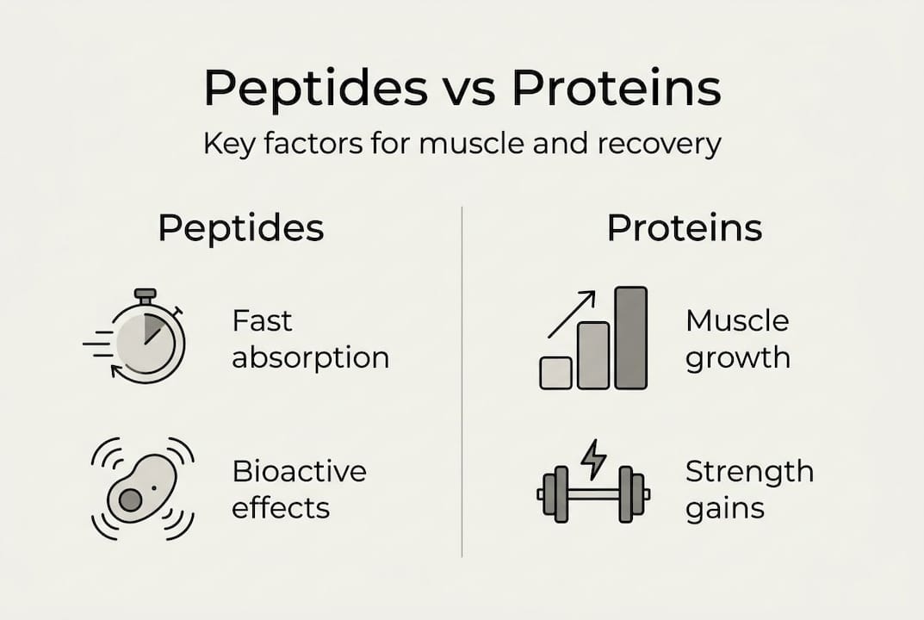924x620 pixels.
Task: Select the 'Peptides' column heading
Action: tap(241, 228)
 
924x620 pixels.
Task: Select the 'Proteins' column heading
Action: tap(685, 228)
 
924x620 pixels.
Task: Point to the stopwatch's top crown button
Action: tap(145, 294)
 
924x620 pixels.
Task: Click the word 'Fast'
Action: tap(262, 321)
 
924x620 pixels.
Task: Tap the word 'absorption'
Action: tap(311, 357)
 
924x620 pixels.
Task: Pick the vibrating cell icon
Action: tap(143, 489)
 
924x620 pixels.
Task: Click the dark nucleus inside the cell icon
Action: tap(130, 500)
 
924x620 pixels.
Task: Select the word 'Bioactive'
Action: tap(300, 472)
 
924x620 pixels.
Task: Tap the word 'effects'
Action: tap(281, 508)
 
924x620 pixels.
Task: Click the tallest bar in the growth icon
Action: tap(631, 338)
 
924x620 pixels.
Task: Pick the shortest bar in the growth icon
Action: tap(555, 373)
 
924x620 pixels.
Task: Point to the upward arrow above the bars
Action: tap(572, 314)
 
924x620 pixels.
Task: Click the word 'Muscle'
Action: tap(737, 321)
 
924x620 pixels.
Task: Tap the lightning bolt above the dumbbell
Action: tap(593, 459)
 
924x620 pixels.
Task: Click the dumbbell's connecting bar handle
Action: tap(594, 494)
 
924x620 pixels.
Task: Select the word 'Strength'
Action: tap(749, 472)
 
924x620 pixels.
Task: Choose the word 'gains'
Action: tap(725, 508)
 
